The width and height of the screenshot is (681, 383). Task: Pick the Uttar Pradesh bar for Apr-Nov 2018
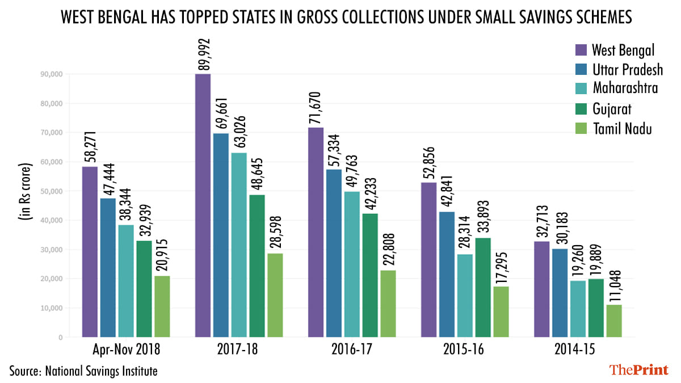pos(108,267)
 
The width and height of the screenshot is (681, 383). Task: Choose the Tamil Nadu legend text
pos(622,129)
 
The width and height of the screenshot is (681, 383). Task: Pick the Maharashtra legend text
pos(626,89)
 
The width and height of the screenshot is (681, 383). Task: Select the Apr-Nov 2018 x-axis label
pos(126,350)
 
